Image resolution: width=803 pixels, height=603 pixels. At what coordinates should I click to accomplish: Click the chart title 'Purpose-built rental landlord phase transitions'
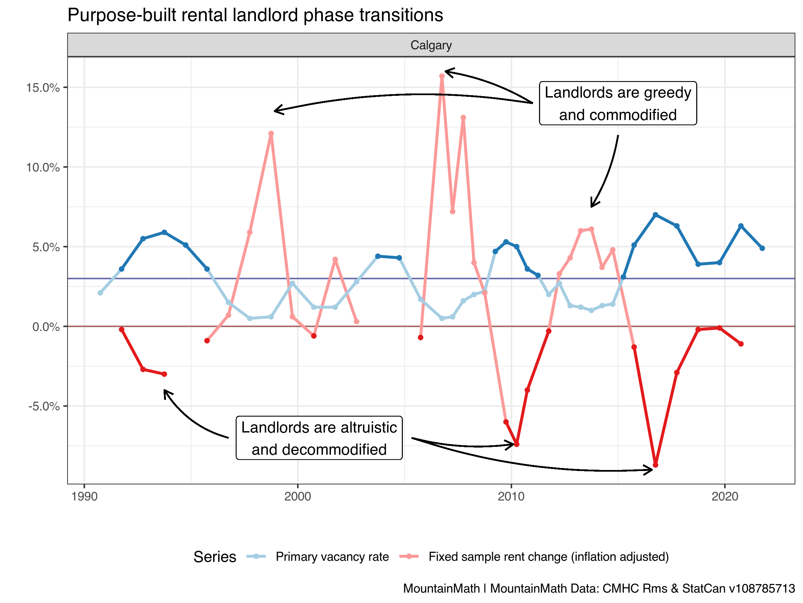(255, 15)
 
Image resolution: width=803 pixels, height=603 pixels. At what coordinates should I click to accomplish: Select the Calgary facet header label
(431, 45)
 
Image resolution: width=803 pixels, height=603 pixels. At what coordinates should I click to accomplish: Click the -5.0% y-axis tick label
(44, 406)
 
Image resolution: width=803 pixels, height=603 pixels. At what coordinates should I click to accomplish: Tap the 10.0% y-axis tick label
(43, 167)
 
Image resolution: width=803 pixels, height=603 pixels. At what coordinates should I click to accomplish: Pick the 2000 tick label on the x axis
(298, 496)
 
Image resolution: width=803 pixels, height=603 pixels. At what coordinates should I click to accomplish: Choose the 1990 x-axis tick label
(84, 496)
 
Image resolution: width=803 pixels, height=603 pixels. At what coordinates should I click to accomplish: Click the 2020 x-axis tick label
(725, 496)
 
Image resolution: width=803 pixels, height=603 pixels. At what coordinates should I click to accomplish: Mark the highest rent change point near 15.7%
(442, 76)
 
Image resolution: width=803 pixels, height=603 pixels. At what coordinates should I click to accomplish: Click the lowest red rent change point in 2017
(655, 465)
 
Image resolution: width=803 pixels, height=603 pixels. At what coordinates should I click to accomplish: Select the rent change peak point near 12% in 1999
(271, 134)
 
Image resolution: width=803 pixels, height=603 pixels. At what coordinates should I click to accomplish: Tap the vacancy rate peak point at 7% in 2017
(655, 215)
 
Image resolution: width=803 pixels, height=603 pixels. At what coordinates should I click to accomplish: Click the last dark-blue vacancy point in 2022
(762, 248)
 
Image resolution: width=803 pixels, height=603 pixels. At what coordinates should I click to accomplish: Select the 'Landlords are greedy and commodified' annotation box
(618, 104)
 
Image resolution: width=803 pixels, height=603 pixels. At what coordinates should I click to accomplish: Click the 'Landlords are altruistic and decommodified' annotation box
(319, 438)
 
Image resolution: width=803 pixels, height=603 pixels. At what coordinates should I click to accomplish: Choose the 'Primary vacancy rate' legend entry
(318, 556)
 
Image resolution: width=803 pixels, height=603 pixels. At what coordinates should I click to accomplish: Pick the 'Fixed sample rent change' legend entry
(534, 556)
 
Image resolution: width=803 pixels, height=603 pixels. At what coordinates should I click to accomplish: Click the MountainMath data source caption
(599, 588)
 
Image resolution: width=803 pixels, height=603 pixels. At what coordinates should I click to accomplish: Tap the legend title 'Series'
(215, 557)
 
